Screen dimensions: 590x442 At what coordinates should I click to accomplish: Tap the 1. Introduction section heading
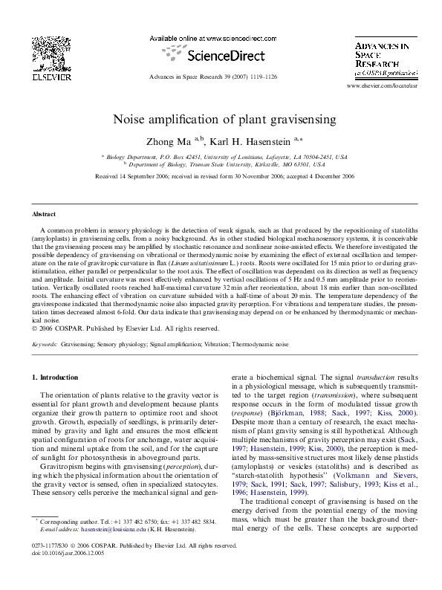[x=59, y=377]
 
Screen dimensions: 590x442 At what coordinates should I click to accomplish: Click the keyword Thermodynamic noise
[x=263, y=345]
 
